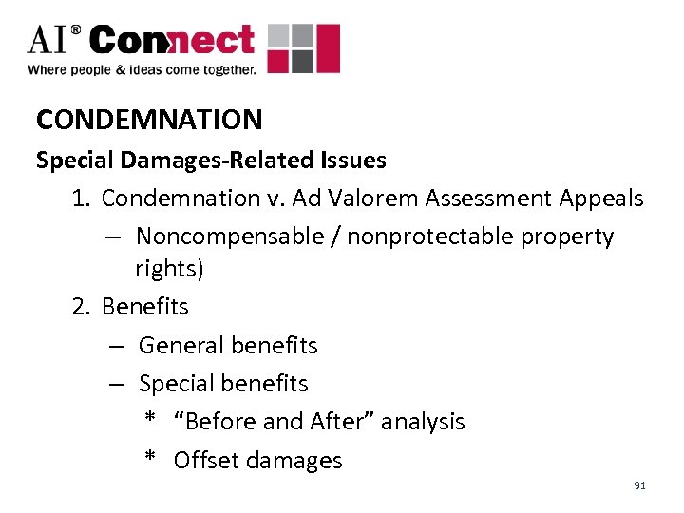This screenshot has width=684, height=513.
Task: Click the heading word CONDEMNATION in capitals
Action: (149, 120)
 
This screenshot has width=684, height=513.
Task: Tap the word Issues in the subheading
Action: (351, 160)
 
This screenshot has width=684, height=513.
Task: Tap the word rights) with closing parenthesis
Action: (169, 269)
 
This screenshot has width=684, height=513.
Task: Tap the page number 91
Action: (639, 485)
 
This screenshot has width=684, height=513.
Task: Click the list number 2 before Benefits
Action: (81, 307)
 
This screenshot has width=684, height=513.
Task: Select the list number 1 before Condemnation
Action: (81, 198)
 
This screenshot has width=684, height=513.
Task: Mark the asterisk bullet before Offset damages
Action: (150, 459)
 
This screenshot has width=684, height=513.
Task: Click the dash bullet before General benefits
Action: (116, 346)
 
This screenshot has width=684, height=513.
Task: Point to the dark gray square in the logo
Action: (301, 62)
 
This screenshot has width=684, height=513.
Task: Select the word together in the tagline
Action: (228, 69)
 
